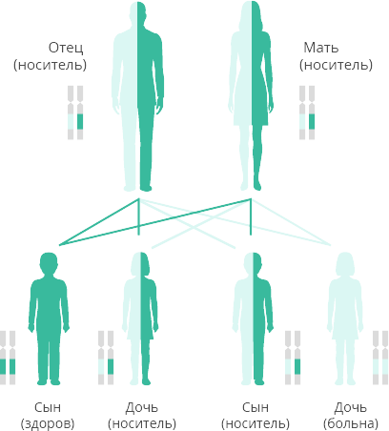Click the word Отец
(x=66, y=48)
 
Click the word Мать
(x=321, y=48)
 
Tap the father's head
(x=137, y=12)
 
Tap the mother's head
(x=252, y=13)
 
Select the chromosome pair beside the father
(x=75, y=113)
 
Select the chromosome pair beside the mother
(x=307, y=113)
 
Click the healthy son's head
(x=49, y=263)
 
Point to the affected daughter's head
(x=345, y=264)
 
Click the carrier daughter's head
(x=140, y=264)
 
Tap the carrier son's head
(x=254, y=263)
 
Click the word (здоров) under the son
(x=48, y=423)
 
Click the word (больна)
(x=351, y=423)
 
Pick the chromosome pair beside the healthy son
(x=8, y=358)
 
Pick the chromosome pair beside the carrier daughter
(x=106, y=358)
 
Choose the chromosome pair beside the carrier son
(x=293, y=358)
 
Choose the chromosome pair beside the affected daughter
(x=380, y=358)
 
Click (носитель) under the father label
(x=50, y=65)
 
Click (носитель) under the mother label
(x=336, y=65)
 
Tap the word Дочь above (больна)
(x=351, y=407)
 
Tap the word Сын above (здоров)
(x=48, y=407)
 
